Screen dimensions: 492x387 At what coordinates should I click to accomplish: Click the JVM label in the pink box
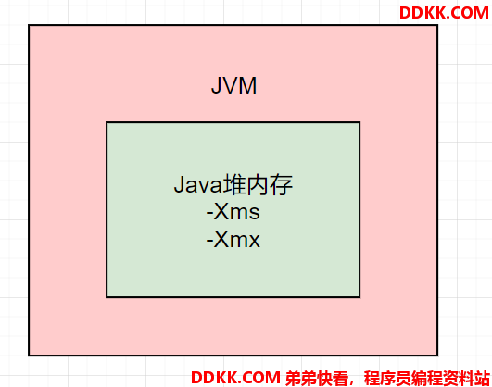pyautogui.click(x=233, y=85)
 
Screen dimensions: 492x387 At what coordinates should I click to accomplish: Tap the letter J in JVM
pyautogui.click(x=216, y=85)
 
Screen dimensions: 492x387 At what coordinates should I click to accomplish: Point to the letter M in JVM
pyautogui.click(x=249, y=85)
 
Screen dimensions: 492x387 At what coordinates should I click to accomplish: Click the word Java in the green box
pyautogui.click(x=198, y=185)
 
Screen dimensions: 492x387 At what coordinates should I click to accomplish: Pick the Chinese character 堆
pyautogui.click(x=234, y=185)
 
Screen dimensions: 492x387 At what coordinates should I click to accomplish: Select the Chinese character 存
pyautogui.click(x=281, y=185)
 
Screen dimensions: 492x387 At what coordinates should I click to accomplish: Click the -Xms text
pyautogui.click(x=233, y=212)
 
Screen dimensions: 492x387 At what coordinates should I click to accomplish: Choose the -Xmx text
pyautogui.click(x=233, y=240)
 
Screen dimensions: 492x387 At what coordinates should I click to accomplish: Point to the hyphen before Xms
pyautogui.click(x=209, y=214)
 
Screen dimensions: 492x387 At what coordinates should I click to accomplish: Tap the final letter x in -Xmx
pyautogui.click(x=254, y=242)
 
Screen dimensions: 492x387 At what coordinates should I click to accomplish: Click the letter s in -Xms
pyautogui.click(x=254, y=214)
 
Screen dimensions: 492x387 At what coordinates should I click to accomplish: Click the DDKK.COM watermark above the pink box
pyautogui.click(x=444, y=13)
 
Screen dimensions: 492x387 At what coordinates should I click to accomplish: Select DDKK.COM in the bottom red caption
pyautogui.click(x=235, y=377)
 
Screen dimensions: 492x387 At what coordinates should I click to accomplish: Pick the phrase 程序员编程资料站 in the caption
pyautogui.click(x=427, y=378)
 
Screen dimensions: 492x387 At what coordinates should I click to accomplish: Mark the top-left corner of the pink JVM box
pyautogui.click(x=29, y=25)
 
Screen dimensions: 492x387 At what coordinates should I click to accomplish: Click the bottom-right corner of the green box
pyautogui.click(x=360, y=296)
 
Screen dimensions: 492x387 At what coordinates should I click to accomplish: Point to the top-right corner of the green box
pyautogui.click(x=360, y=122)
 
